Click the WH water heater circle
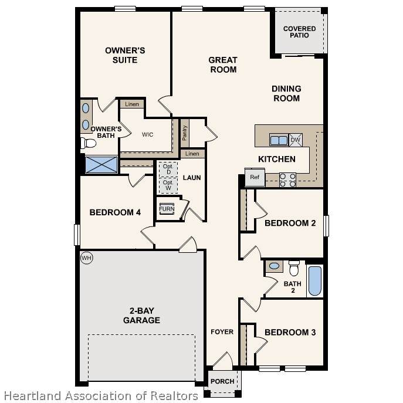[x=86, y=258]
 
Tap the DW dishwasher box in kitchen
[x=296, y=140]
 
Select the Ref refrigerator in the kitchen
[x=255, y=177]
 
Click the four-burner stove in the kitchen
[x=287, y=180]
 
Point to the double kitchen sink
[x=279, y=140]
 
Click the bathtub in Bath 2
[x=315, y=281]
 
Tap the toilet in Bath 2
[x=294, y=268]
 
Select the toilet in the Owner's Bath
[x=88, y=143]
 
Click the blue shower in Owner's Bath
[x=101, y=164]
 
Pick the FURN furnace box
[x=167, y=209]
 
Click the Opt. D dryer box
[x=168, y=170]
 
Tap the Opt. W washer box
[x=168, y=185]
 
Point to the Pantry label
[x=184, y=133]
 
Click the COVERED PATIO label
[x=299, y=32]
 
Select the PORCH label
[x=222, y=381]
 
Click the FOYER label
[x=222, y=332]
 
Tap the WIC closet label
[x=147, y=134]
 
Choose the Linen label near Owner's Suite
[x=132, y=104]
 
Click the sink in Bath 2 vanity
[x=274, y=266]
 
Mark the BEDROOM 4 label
[x=115, y=212]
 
